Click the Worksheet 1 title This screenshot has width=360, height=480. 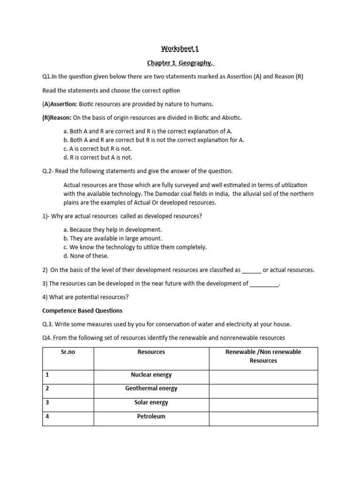coord(177,48)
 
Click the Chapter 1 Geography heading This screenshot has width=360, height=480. coord(182,63)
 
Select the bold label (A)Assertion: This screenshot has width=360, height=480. coord(60,104)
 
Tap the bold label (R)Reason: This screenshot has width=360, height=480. coord(57,117)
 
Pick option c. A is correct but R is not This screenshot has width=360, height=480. coord(97,149)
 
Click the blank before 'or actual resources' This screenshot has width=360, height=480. coord(251,270)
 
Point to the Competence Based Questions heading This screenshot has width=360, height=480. coord(82,310)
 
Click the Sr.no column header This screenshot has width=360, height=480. coord(68,352)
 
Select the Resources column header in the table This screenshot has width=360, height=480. coord(151,352)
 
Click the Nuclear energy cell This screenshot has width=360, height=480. coord(151,375)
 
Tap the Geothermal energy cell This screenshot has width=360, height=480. coord(151,389)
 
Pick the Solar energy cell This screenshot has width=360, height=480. coord(151,403)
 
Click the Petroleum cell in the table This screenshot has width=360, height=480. coord(151,416)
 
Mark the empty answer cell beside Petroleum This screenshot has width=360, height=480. coord(263,416)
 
